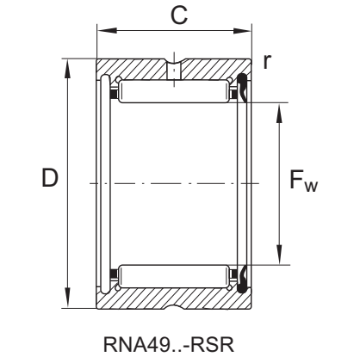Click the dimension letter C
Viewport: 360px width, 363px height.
(175, 15)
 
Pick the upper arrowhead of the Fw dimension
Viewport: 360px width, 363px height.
(278, 109)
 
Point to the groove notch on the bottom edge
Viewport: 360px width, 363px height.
(174, 305)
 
